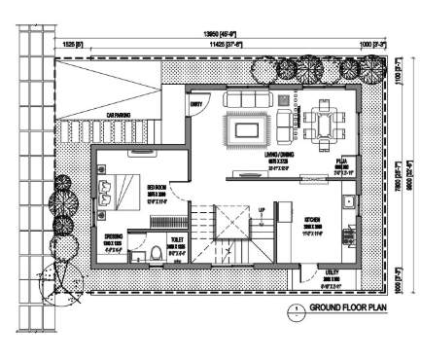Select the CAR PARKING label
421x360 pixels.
coord(123,115)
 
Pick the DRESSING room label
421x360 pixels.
coord(113,235)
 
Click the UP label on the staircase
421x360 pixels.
coord(261,209)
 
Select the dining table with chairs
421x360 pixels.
coord(321,123)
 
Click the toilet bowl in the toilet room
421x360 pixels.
coord(157,255)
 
